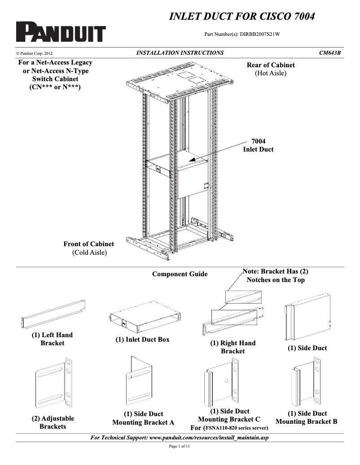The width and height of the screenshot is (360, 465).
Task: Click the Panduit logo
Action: (61, 32)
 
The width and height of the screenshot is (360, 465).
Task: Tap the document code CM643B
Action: (329, 53)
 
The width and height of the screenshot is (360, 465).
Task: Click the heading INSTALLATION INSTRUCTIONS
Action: (180, 53)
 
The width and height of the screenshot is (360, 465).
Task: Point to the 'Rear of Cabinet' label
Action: (271, 65)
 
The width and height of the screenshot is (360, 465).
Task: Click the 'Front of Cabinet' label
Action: (89, 244)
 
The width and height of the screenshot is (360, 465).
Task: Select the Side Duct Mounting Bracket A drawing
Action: (143, 382)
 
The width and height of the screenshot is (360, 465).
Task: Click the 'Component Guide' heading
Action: (180, 274)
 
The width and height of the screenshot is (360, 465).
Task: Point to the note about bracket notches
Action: (275, 275)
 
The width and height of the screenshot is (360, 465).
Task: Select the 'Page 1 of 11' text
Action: (180, 447)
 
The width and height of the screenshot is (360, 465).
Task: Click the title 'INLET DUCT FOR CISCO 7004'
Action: (241, 17)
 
